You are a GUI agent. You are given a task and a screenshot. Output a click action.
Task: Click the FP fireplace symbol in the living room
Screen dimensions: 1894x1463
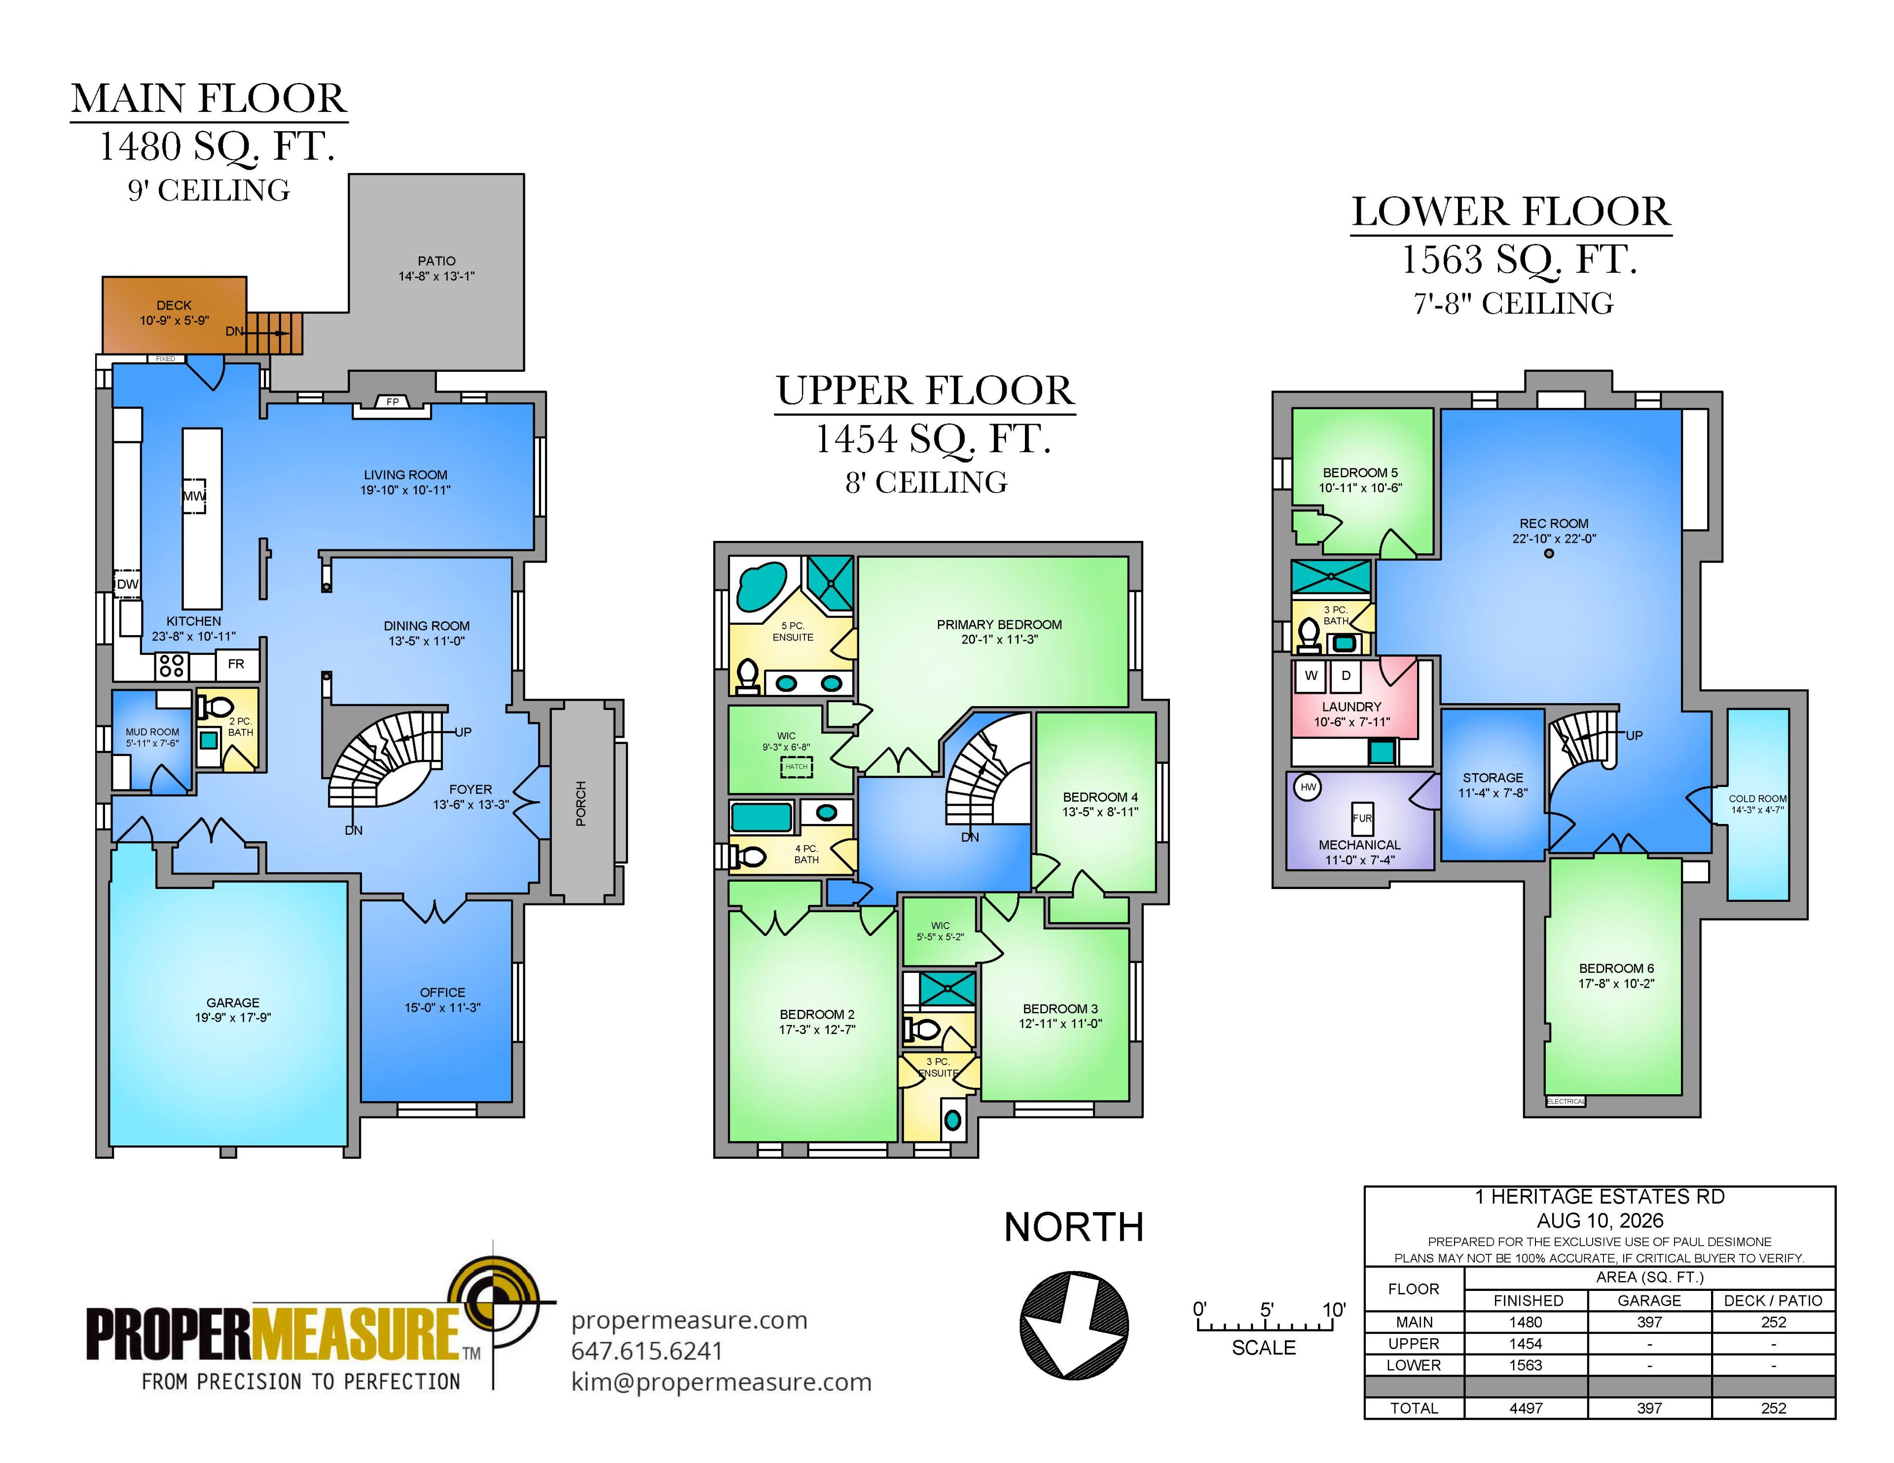[x=392, y=401]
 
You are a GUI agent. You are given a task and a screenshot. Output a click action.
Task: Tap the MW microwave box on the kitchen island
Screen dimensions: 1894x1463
[x=193, y=496]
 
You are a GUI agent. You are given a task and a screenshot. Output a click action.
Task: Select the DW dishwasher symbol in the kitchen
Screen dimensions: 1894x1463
[x=127, y=584]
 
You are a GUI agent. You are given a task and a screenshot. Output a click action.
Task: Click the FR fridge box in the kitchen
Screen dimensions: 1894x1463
[x=236, y=664]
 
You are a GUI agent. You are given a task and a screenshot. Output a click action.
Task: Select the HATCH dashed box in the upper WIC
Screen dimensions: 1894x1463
[x=796, y=767]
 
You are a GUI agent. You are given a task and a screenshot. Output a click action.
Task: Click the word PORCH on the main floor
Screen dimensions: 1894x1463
[x=581, y=803]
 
